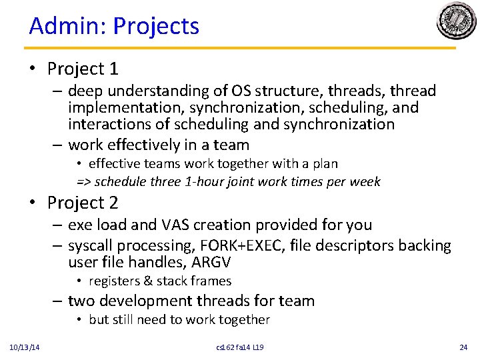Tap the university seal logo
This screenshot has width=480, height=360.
click(457, 21)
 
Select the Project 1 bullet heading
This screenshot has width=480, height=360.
click(83, 69)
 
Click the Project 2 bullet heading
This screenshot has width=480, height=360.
click(83, 203)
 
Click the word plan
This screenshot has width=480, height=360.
click(325, 163)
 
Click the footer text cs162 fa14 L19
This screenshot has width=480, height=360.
click(240, 347)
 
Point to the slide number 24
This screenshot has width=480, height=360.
click(463, 347)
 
